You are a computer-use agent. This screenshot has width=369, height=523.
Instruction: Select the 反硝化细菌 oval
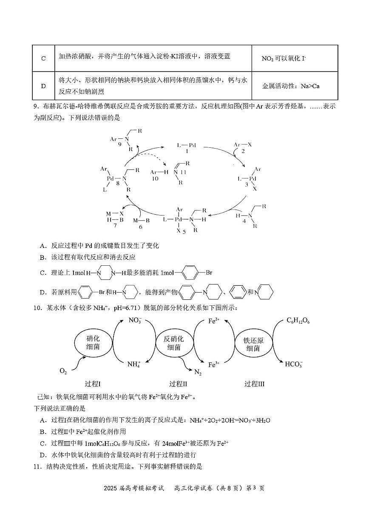click(174, 343)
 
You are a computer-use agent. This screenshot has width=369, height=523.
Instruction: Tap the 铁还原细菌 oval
click(253, 343)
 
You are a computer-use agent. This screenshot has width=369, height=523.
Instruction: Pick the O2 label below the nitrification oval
click(63, 371)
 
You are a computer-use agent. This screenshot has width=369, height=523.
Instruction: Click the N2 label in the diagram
click(198, 373)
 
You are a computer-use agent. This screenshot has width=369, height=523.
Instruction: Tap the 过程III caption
click(254, 384)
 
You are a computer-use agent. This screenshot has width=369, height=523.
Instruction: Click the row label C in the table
click(43, 58)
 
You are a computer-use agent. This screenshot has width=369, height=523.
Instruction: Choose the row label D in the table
click(43, 86)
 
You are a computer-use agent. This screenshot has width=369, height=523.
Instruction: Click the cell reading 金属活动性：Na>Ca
click(291, 86)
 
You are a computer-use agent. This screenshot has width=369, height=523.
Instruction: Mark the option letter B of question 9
click(43, 257)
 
